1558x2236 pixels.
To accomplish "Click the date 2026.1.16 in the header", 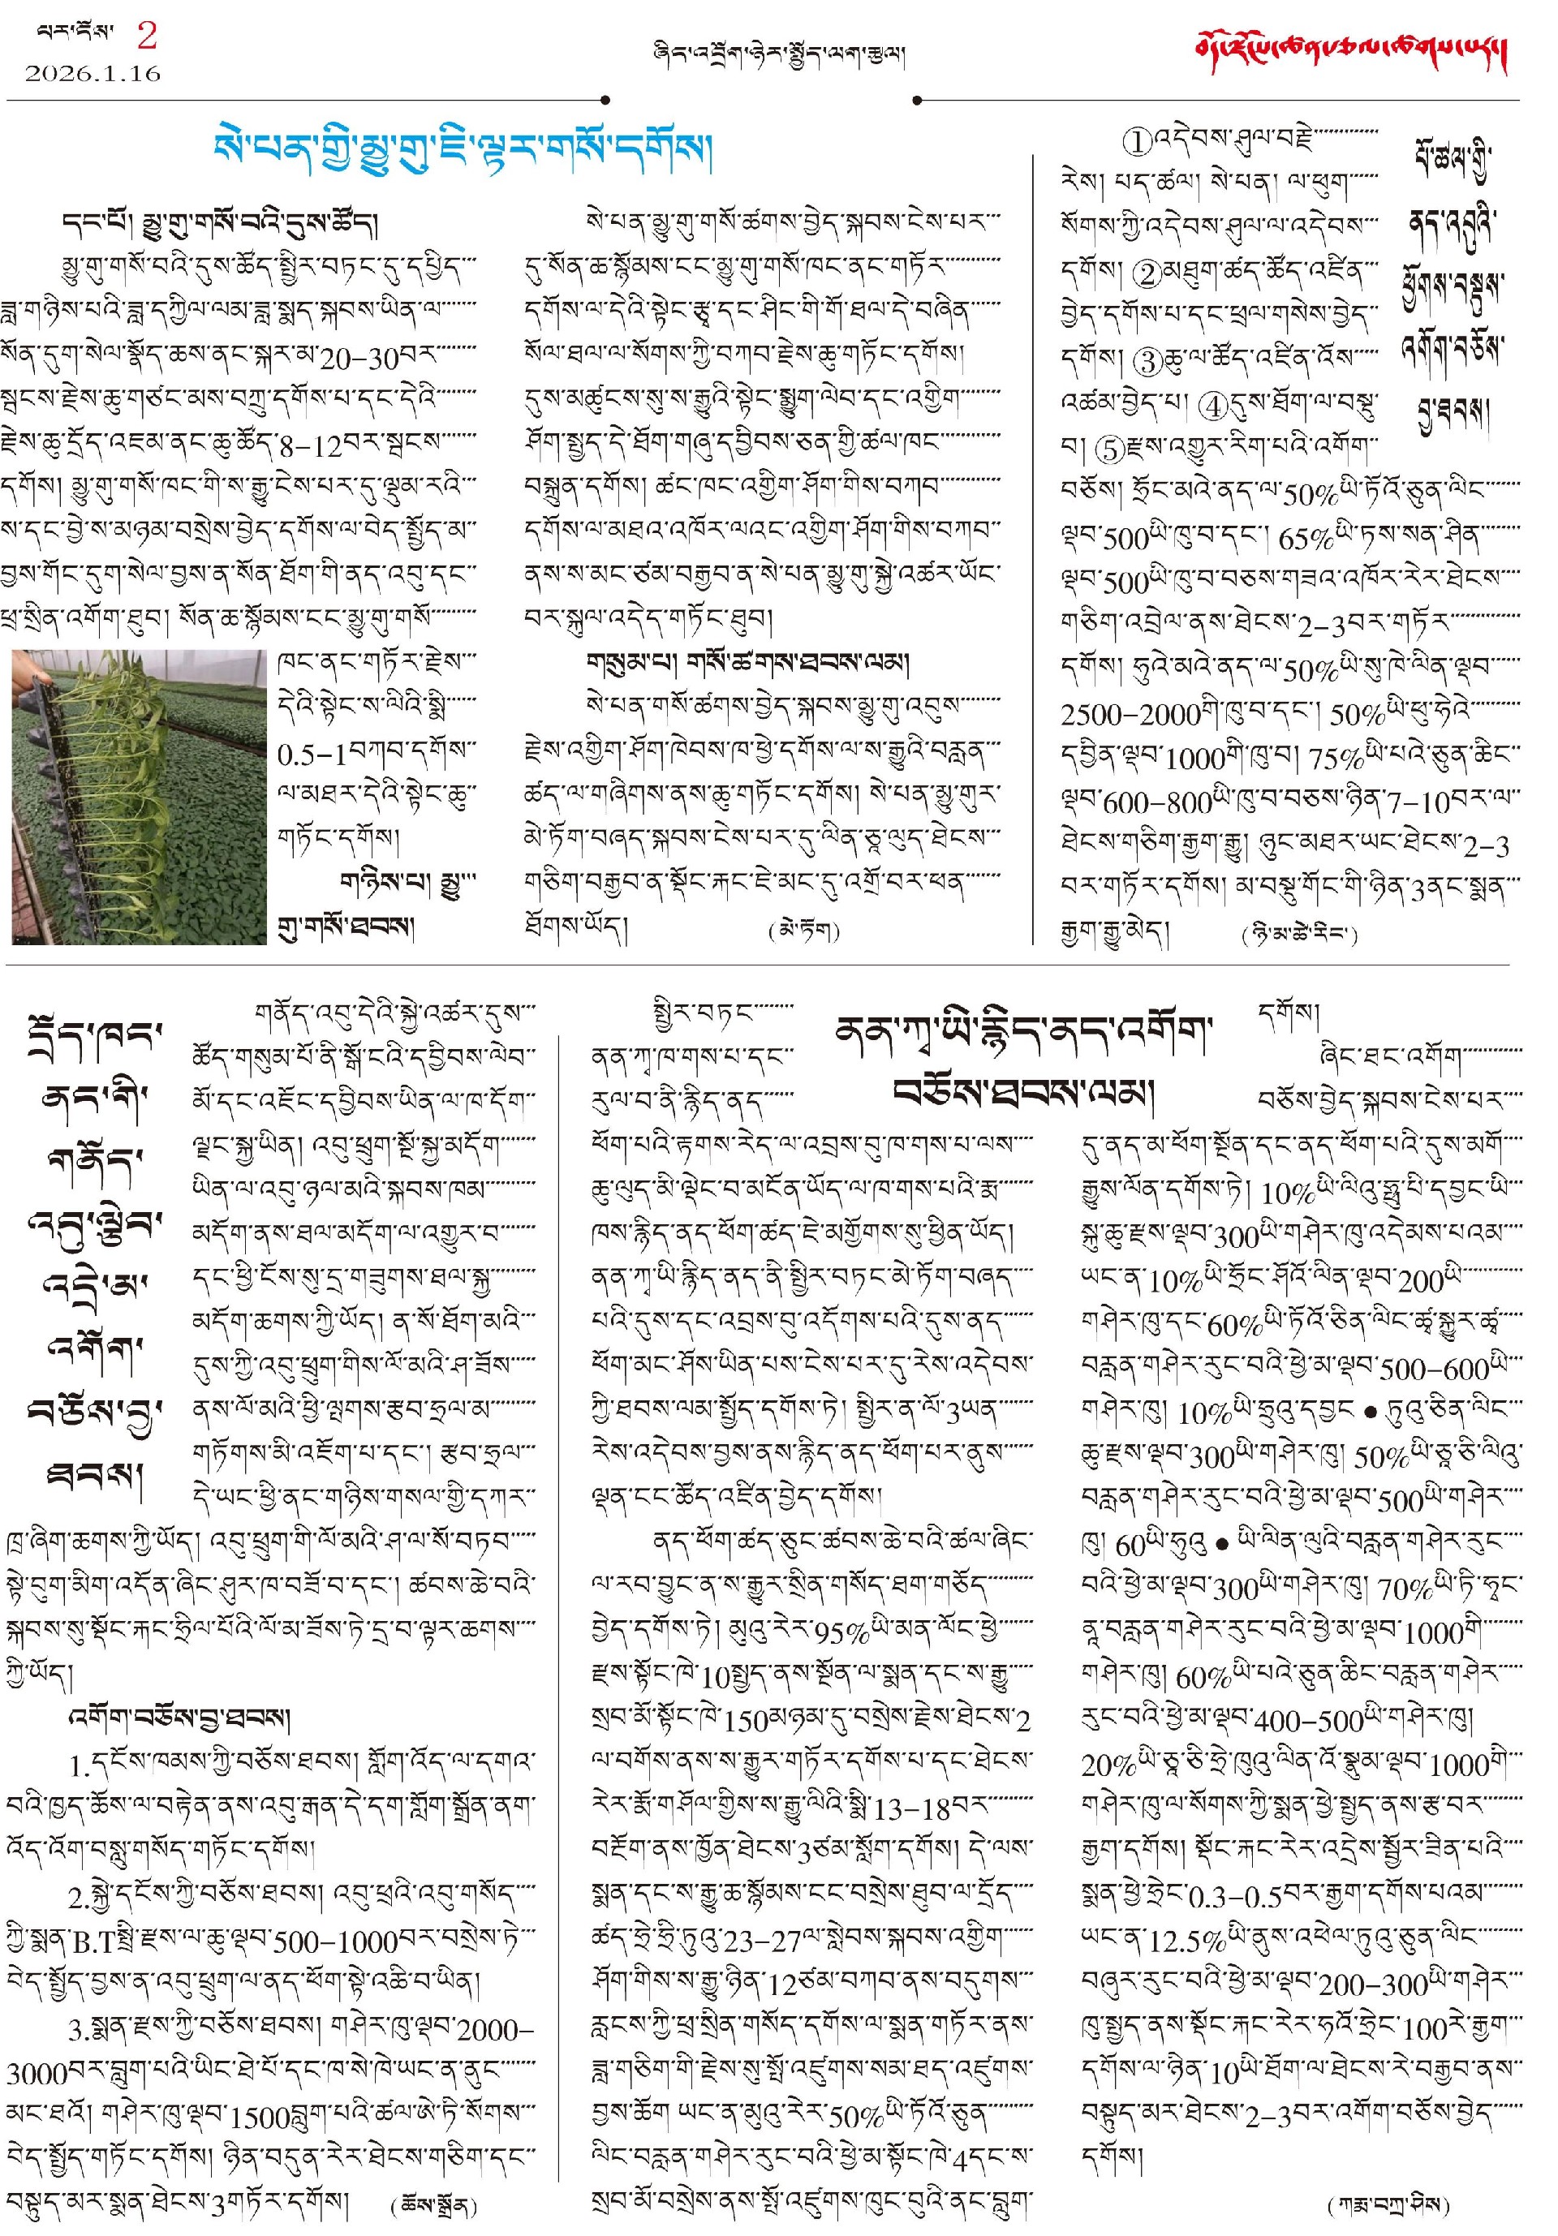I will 93,73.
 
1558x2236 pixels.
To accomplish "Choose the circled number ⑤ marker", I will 1109,449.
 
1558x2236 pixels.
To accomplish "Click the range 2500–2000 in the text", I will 1129,715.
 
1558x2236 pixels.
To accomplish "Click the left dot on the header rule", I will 605,99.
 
